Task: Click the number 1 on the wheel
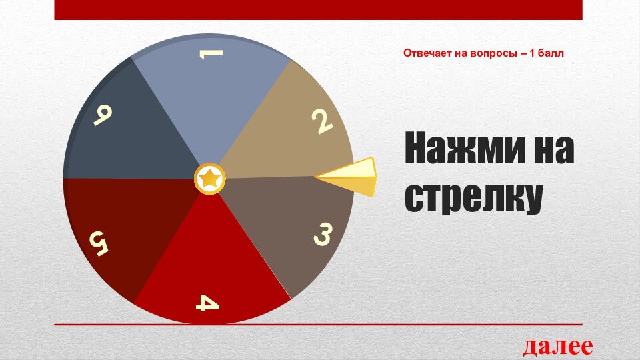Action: click(211, 55)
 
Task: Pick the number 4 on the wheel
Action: click(207, 303)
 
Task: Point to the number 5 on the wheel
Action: click(98, 243)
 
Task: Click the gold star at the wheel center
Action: click(209, 179)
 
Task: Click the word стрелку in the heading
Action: click(473, 197)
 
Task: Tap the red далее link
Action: click(557, 347)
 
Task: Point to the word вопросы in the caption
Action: click(498, 53)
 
